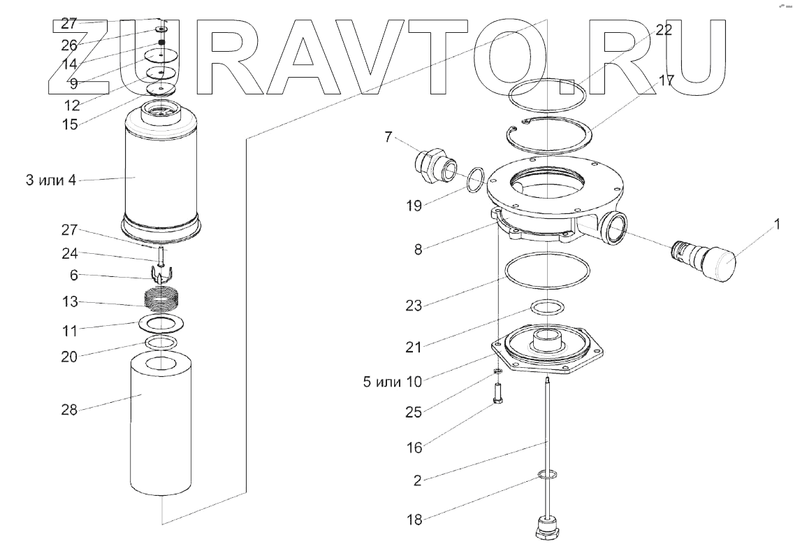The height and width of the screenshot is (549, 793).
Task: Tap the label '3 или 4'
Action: (x=52, y=180)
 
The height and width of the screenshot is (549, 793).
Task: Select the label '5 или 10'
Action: (x=392, y=381)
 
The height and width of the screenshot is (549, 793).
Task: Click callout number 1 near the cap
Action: (x=776, y=225)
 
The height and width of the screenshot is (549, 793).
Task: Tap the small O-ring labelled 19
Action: (x=474, y=178)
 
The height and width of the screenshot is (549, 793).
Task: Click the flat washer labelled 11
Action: (x=160, y=324)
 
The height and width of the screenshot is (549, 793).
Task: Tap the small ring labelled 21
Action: (x=546, y=307)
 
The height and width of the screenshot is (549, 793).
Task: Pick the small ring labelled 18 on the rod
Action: (x=546, y=476)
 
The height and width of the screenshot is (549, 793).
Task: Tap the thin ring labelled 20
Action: (x=160, y=343)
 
